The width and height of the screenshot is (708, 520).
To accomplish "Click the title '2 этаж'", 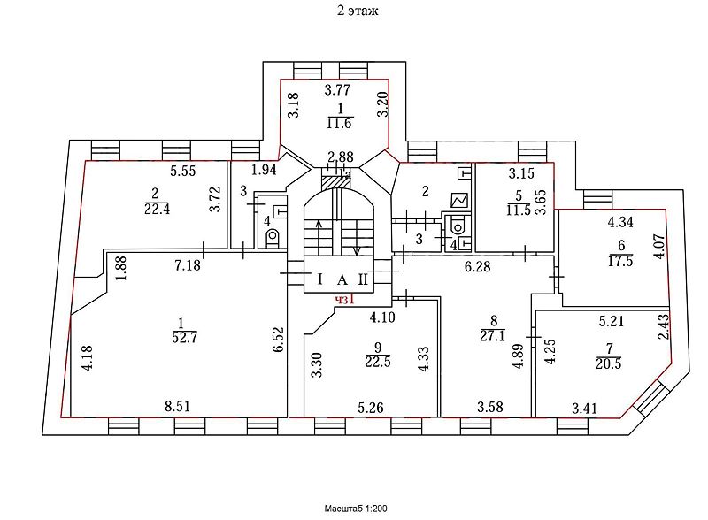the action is click(358, 11).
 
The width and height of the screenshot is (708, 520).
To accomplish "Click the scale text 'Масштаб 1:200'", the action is click(356, 509).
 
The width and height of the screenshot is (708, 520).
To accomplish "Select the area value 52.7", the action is click(185, 337).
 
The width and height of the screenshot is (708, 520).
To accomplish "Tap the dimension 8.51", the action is click(178, 406).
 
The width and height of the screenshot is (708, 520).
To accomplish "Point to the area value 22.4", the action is click(157, 209).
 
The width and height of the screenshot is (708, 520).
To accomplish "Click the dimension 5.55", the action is click(183, 171).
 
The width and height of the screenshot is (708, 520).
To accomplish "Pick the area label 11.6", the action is click(339, 123).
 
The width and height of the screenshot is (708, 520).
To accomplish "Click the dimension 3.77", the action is click(337, 90).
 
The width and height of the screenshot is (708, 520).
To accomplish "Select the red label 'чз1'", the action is click(344, 300).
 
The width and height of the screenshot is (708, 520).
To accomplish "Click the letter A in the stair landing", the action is click(342, 279).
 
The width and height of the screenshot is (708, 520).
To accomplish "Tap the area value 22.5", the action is click(378, 362).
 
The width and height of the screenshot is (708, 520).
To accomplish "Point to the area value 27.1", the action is click(493, 335).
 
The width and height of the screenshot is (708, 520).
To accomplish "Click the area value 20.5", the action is click(608, 363).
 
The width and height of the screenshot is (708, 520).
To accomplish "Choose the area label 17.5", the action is click(620, 261).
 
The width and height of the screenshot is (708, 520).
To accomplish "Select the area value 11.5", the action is click(518, 210).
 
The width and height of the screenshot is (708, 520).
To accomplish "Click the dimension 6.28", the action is click(477, 266).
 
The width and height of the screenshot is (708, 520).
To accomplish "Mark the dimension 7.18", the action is click(188, 264).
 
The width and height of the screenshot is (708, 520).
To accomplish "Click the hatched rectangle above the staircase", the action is click(335, 182).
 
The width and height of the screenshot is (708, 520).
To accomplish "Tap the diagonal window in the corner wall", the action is click(649, 397).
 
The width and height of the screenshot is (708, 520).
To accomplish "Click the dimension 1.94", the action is click(264, 170).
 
